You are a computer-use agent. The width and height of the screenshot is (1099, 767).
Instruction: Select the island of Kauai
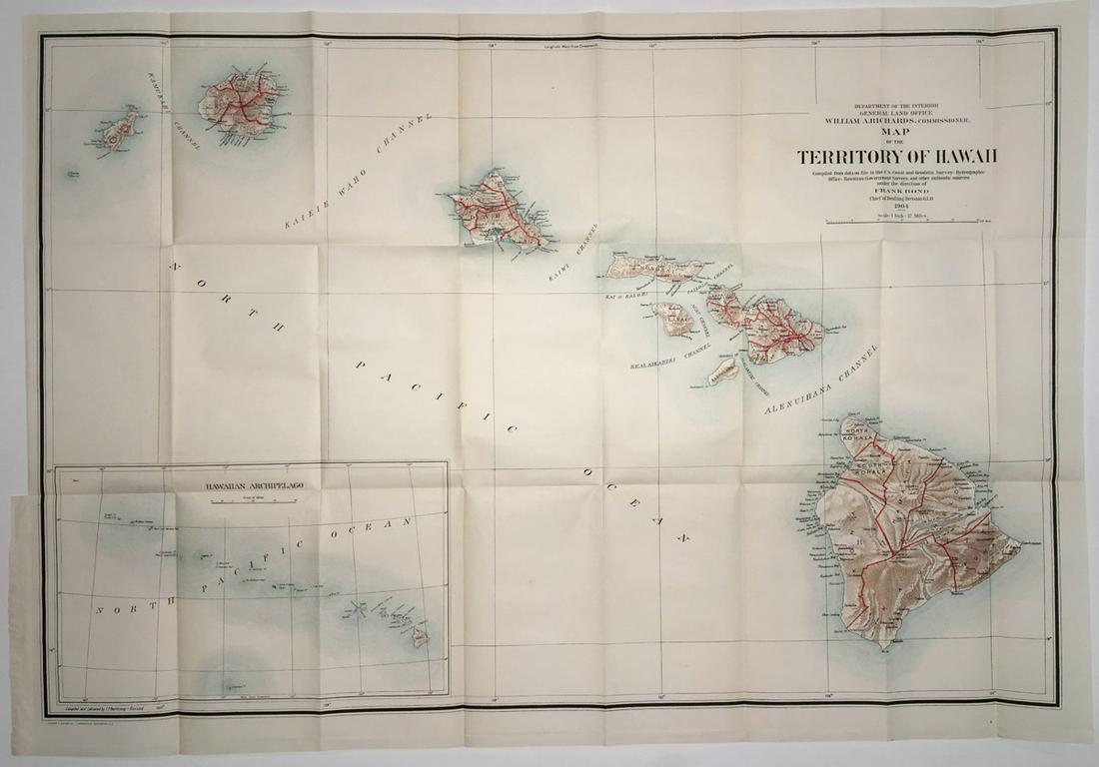tap(239, 103)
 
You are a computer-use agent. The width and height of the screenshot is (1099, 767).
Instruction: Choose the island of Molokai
tap(654, 267)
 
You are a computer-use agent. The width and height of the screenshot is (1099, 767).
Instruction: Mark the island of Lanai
tap(675, 319)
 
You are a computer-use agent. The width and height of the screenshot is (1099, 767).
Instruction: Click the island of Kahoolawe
tap(723, 372)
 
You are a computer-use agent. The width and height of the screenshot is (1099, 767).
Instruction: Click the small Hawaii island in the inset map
tap(421, 636)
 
